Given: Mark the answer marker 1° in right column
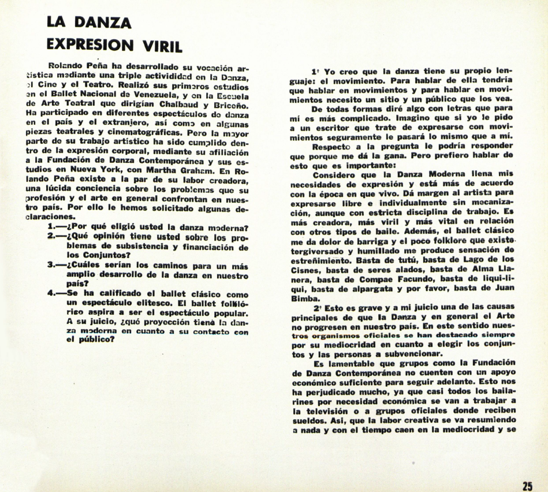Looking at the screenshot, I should (315, 71).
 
